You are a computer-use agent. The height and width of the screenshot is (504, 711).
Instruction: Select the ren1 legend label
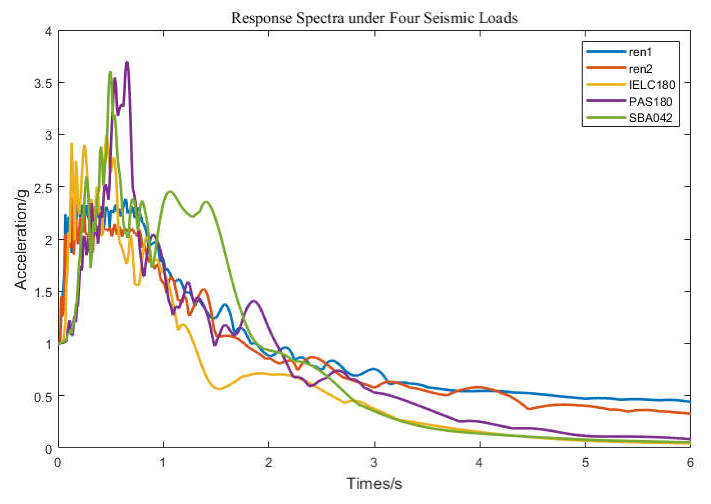pos(640,52)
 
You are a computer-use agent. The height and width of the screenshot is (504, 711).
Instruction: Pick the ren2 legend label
pos(640,69)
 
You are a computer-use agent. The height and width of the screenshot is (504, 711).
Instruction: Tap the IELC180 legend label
pos(651,85)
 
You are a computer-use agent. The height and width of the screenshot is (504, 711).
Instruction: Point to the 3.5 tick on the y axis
pos(43,83)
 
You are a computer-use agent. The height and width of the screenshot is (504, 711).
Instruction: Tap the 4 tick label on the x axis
pos(479,462)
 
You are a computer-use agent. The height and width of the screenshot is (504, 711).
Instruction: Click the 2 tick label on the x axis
pos(268,462)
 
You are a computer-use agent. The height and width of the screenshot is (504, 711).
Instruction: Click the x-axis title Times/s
pos(374,483)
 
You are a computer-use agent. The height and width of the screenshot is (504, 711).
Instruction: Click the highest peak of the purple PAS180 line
pos(127,62)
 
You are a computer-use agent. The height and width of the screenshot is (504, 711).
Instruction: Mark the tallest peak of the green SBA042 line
pos(110,73)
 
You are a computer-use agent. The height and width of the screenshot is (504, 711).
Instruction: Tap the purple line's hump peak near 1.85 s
pos(255,301)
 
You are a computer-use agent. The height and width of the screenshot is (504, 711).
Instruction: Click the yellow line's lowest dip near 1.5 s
pos(220,388)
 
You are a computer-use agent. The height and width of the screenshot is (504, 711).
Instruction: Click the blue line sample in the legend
pos(606,51)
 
